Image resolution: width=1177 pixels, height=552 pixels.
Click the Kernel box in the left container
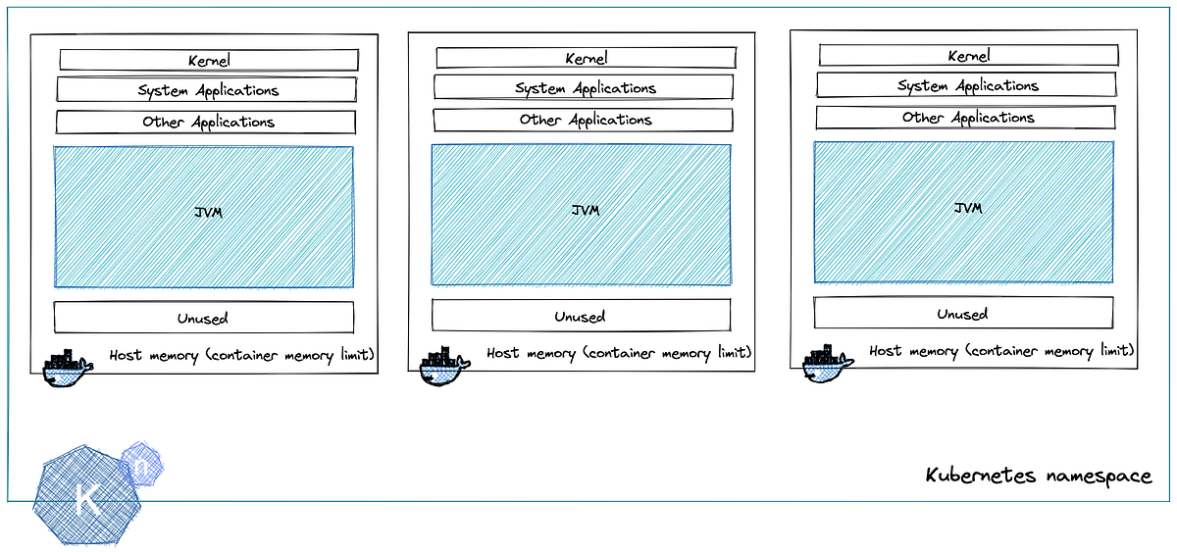point(208,60)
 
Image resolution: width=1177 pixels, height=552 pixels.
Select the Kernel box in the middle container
point(586,59)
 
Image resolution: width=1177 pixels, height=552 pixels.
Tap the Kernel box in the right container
point(967,56)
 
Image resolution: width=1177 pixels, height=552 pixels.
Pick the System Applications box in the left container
point(207,90)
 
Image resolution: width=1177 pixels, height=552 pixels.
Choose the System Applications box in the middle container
point(585,88)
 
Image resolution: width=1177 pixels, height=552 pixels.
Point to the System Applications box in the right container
point(966,85)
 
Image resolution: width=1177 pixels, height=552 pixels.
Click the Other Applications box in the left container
point(206,123)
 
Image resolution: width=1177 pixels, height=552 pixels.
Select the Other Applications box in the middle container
point(585,120)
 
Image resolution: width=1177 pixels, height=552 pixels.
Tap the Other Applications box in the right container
point(966,118)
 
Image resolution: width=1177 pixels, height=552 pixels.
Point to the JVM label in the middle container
point(586,210)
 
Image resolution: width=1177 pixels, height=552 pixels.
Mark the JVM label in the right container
point(968,208)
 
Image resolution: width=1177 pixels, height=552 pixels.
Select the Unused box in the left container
point(204,318)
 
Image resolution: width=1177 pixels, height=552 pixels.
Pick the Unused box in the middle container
point(581,316)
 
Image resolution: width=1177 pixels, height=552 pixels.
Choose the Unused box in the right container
point(963,314)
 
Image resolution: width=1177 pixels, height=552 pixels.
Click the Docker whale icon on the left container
point(68,368)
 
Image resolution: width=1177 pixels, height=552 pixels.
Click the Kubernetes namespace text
point(1039,477)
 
